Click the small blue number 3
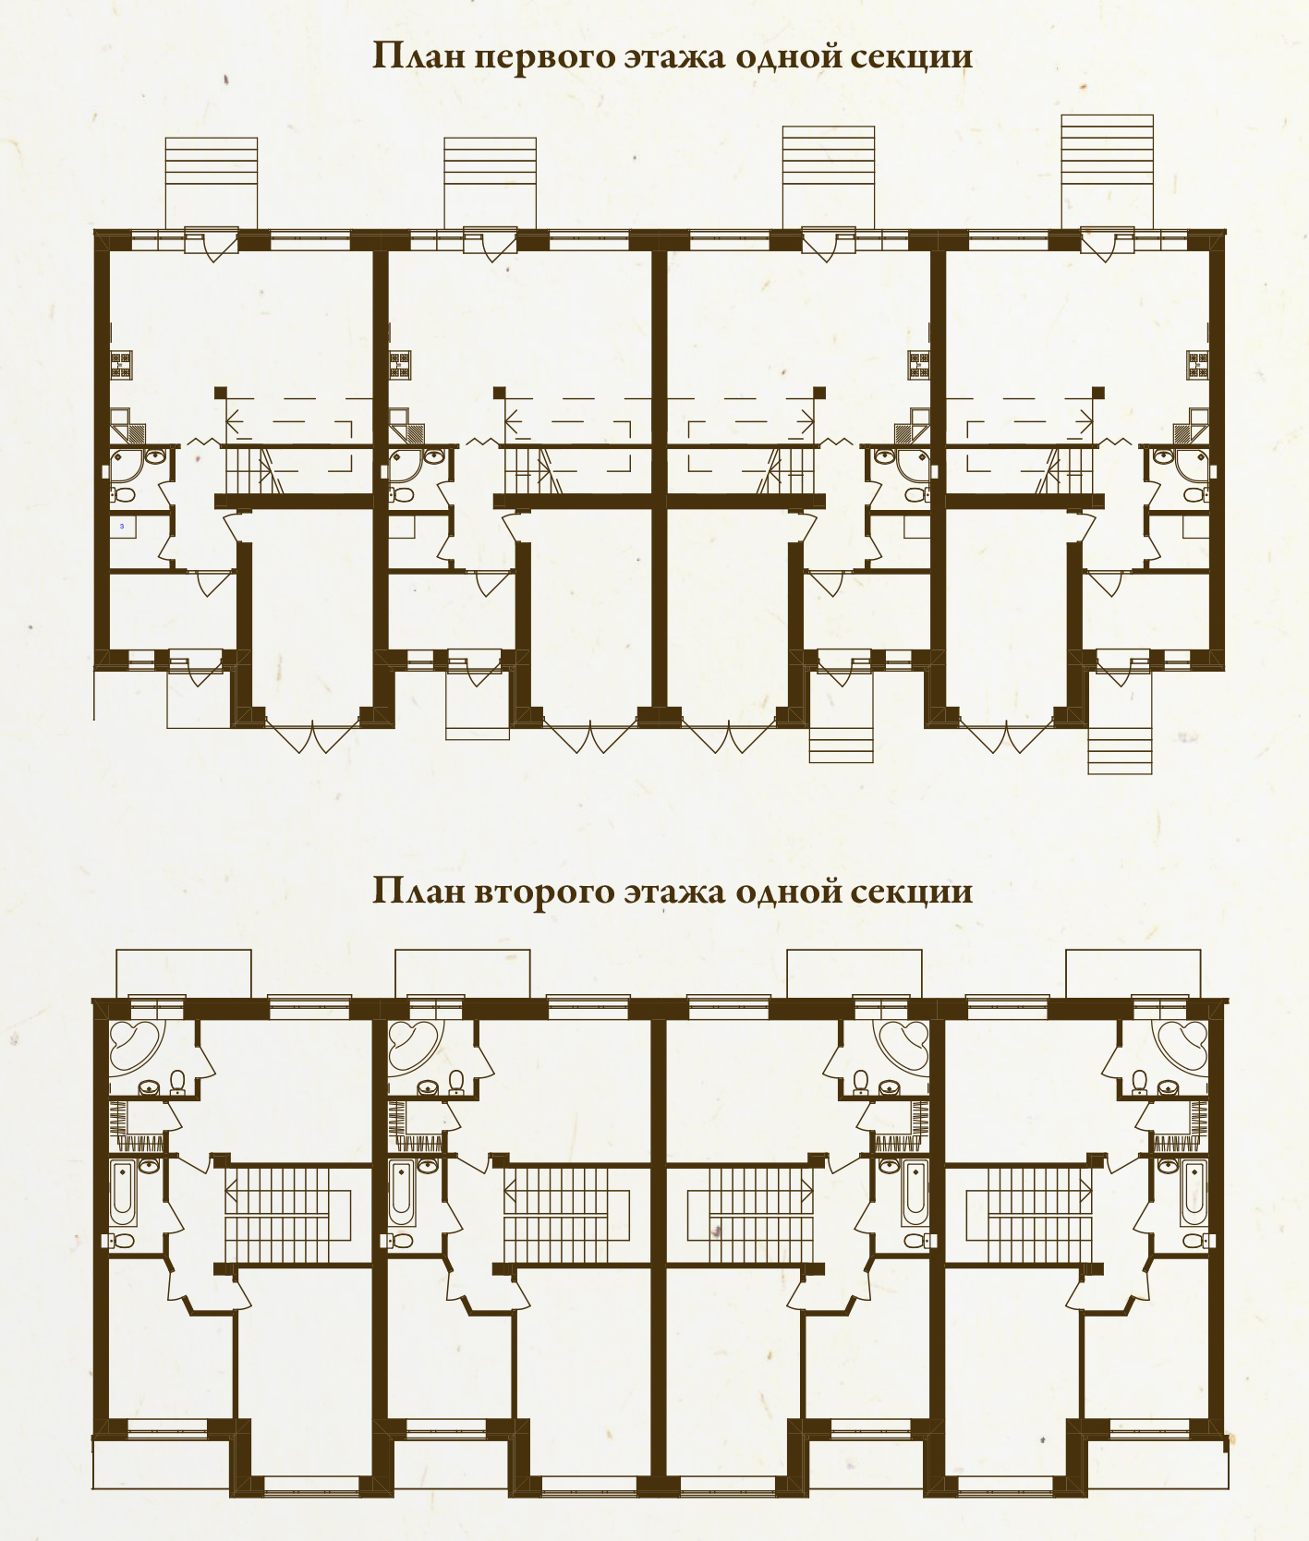tap(122, 526)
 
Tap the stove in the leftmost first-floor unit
tap(122, 365)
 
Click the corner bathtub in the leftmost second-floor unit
tap(135, 1047)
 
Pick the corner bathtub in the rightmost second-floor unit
tap(1181, 1047)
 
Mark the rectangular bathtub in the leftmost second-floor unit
tap(123, 1191)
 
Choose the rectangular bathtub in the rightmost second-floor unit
tap(1194, 1191)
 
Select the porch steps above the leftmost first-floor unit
tap(212, 182)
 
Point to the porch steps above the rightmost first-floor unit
tap(1107, 171)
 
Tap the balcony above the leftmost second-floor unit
tap(183, 973)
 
